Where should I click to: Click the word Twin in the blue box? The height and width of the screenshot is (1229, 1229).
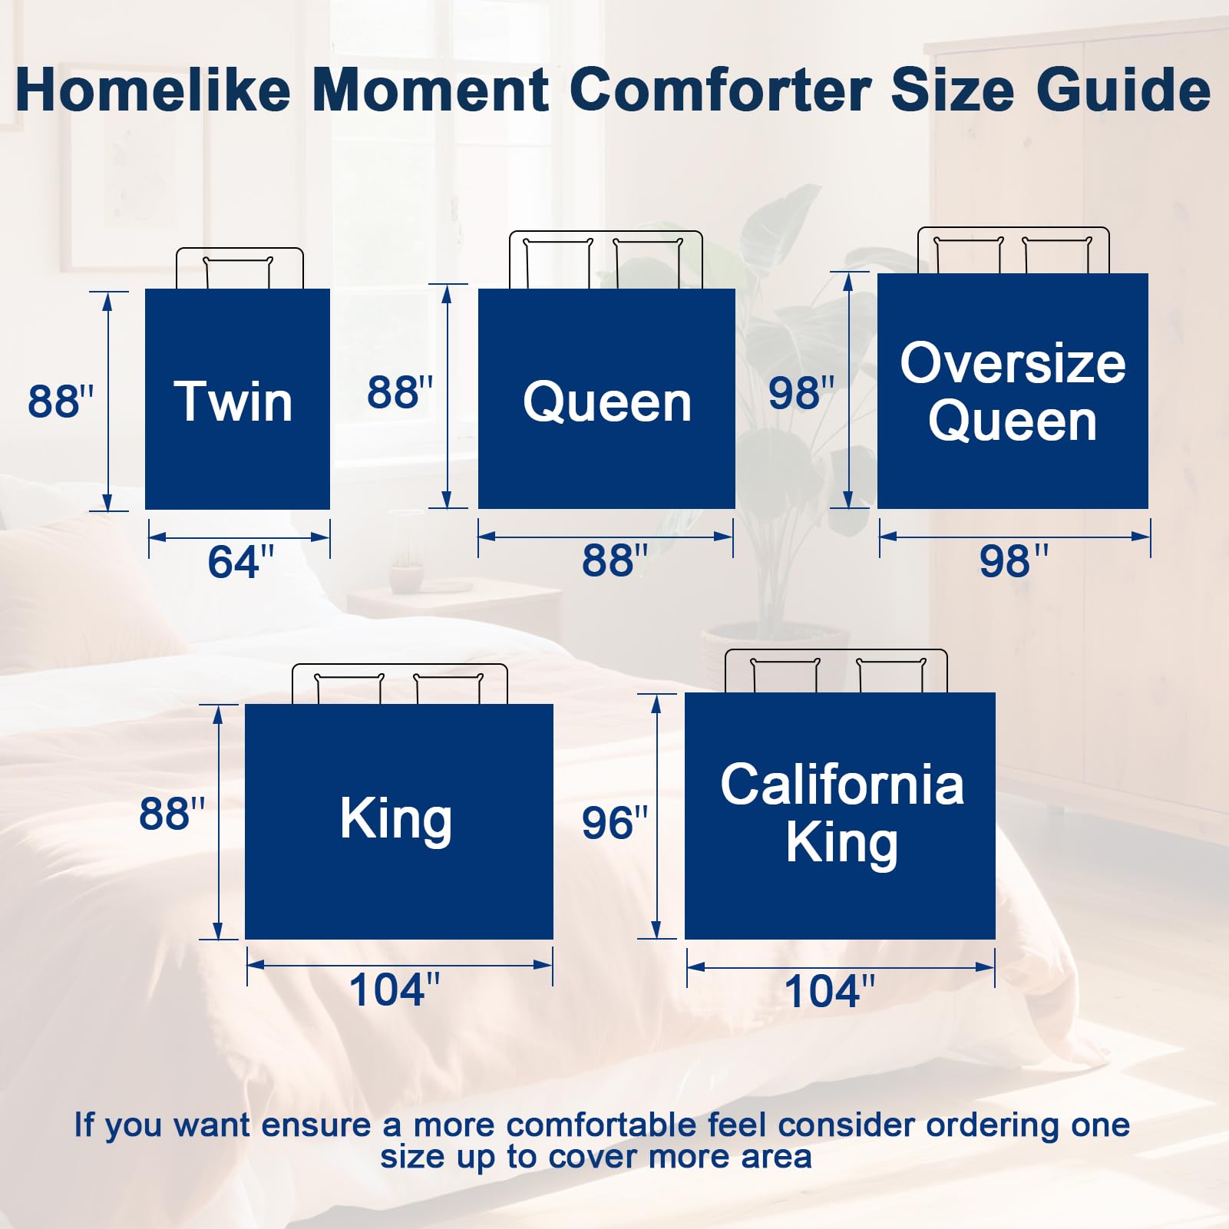[x=233, y=401]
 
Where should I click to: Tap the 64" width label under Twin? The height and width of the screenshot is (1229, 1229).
[x=241, y=562]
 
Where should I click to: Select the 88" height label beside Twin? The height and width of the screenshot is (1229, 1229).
[x=61, y=401]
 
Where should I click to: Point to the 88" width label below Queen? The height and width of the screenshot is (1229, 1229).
[x=615, y=560]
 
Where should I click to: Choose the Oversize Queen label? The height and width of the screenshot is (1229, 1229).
[x=1013, y=391]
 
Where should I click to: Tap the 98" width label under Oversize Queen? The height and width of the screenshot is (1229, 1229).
[x=1013, y=561]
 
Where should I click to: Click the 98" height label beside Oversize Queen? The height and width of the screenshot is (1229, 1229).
[x=801, y=393]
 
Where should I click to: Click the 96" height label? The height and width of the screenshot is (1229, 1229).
[x=615, y=823]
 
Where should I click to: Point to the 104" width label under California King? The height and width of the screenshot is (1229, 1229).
[x=830, y=991]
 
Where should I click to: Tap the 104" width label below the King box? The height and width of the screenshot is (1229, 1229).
[x=395, y=989]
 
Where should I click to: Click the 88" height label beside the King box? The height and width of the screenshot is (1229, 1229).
[x=172, y=814]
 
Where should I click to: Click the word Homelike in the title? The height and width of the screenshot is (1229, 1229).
[x=153, y=90]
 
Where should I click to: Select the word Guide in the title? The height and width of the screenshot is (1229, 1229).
[x=1124, y=90]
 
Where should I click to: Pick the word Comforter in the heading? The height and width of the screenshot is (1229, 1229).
[x=720, y=90]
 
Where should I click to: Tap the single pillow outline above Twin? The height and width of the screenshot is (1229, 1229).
[x=238, y=273]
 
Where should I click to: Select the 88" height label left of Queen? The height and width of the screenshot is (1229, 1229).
[x=400, y=393]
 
